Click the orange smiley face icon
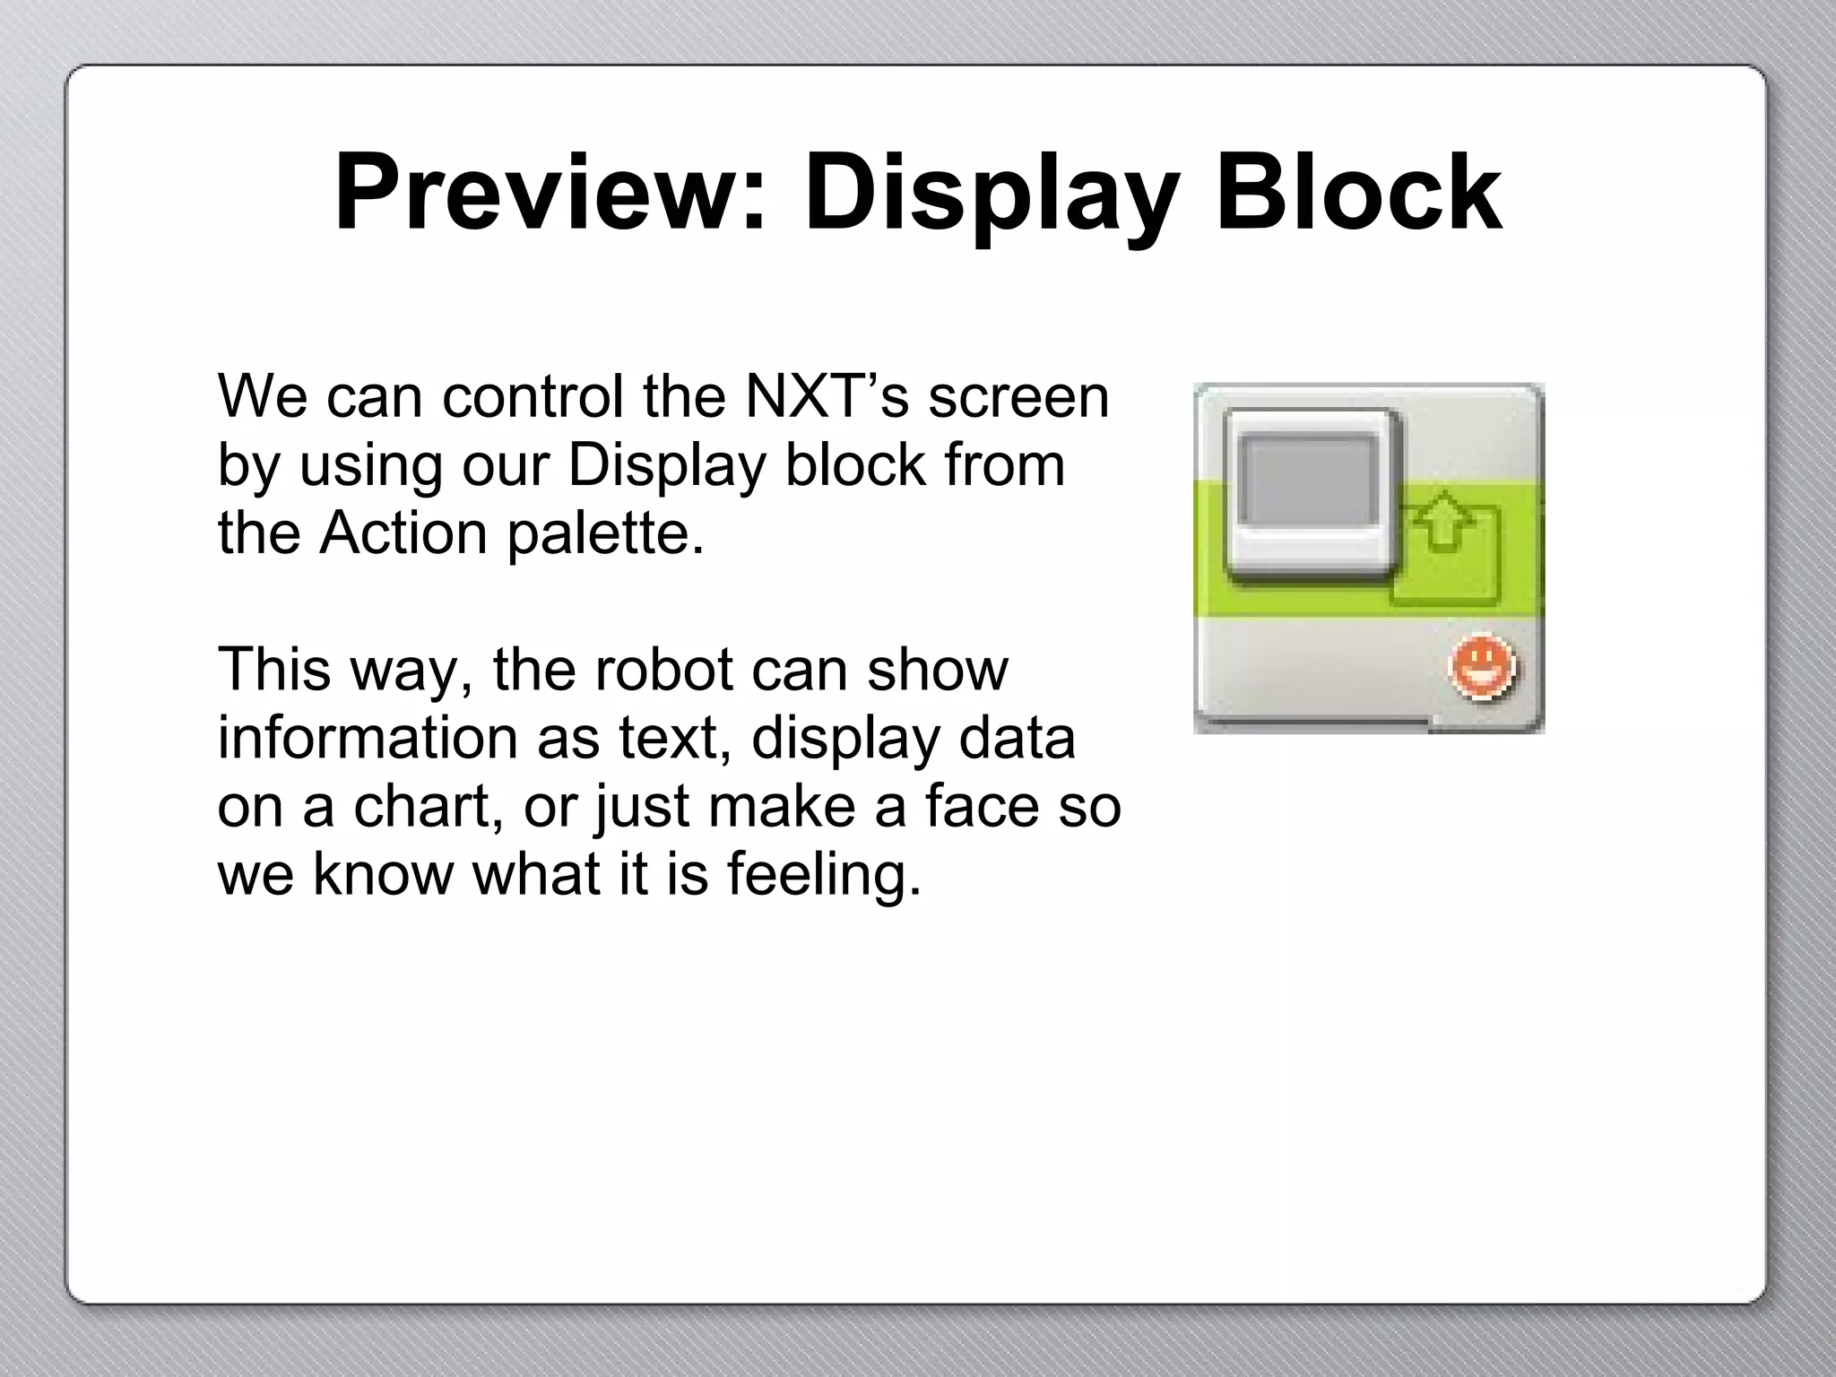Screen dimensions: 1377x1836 tap(1482, 668)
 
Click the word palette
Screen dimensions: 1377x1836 tap(605, 534)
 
